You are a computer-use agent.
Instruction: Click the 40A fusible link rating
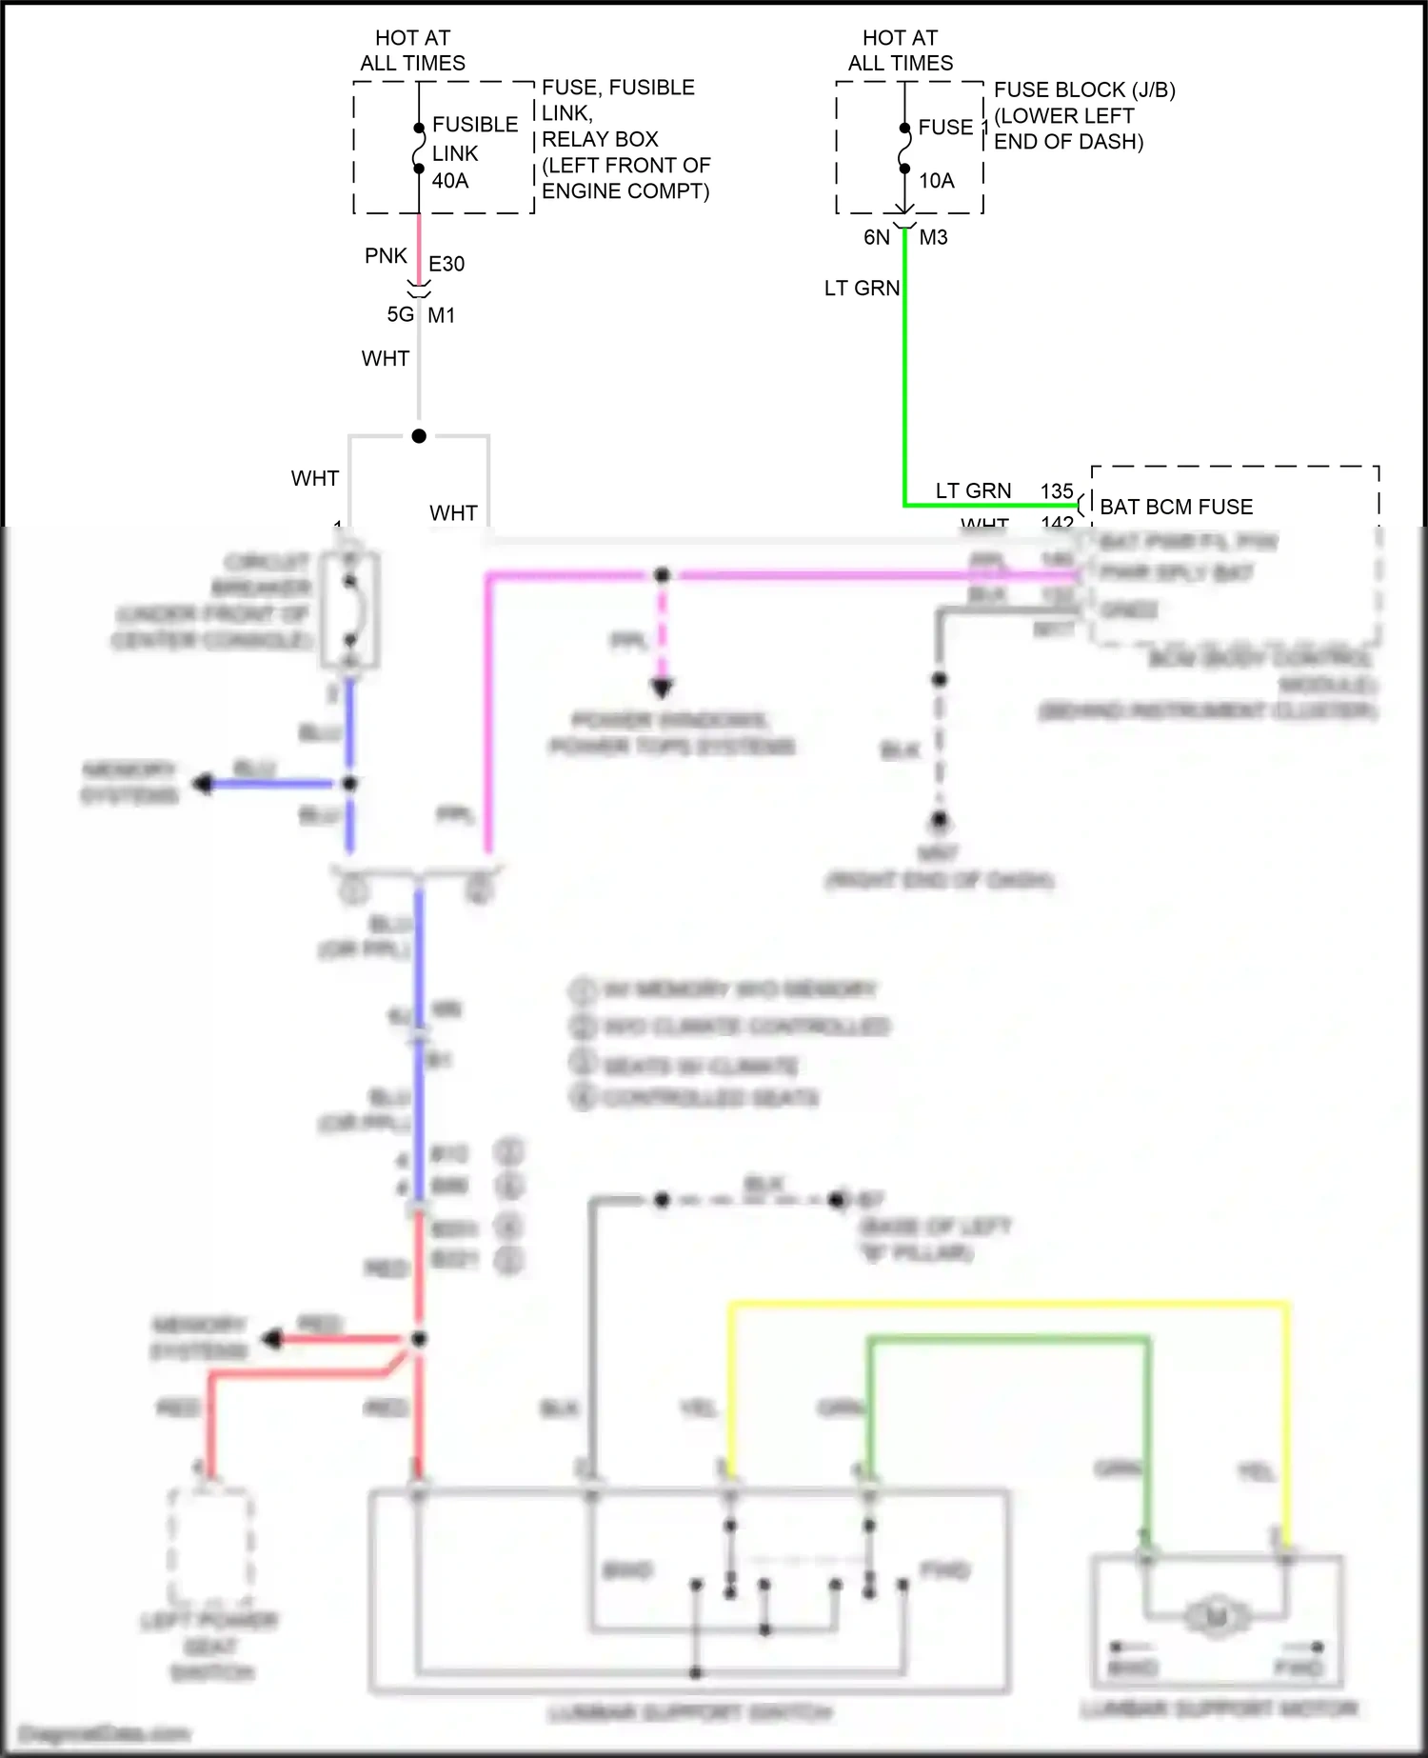(450, 181)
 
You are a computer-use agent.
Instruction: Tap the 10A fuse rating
(936, 181)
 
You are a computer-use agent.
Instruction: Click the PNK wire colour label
(386, 256)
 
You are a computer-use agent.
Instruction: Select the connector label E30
(446, 265)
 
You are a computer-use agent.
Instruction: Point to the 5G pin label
(401, 314)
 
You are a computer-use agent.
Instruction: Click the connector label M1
(442, 315)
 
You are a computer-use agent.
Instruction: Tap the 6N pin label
(877, 237)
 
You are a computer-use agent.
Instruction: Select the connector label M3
(933, 237)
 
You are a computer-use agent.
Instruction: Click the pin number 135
(1057, 491)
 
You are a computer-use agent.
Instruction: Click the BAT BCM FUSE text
(1176, 507)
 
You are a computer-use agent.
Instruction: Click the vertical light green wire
(904, 381)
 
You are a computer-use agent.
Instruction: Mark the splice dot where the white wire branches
(419, 436)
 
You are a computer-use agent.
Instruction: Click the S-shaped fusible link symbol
(419, 149)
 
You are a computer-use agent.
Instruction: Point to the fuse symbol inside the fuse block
(904, 149)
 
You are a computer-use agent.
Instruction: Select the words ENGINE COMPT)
(625, 191)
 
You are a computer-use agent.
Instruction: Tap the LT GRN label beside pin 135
(973, 491)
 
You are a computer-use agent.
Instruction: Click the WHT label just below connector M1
(386, 359)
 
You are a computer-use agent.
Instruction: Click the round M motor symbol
(1216, 1616)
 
